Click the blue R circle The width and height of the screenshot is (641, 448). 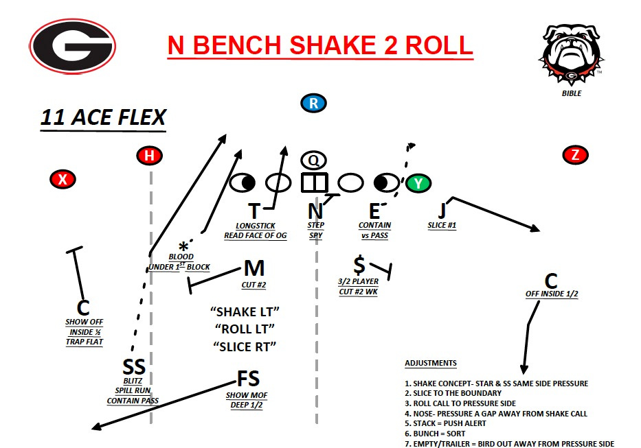pyautogui.click(x=313, y=104)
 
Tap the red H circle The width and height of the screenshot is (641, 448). pyautogui.click(x=149, y=156)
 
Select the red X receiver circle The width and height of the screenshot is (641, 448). pyautogui.click(x=63, y=180)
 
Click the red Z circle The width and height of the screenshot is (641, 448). pyautogui.click(x=575, y=155)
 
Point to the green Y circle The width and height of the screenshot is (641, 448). pyautogui.click(x=418, y=183)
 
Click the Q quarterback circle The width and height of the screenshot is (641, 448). pyautogui.click(x=313, y=160)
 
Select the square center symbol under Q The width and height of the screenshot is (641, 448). pyautogui.click(x=314, y=182)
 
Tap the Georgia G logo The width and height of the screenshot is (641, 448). pyautogui.click(x=73, y=47)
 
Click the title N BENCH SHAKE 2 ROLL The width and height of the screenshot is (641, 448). pyautogui.click(x=320, y=45)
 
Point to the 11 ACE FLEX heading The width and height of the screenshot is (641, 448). pyautogui.click(x=103, y=117)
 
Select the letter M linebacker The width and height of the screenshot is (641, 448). pyautogui.click(x=254, y=268)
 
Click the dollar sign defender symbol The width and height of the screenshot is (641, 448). pyautogui.click(x=359, y=264)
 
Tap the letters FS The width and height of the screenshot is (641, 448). pyautogui.click(x=248, y=378)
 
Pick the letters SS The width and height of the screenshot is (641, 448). pyautogui.click(x=133, y=368)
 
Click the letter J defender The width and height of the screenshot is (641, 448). pyautogui.click(x=442, y=209)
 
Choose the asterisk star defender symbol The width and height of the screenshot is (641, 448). pyautogui.click(x=183, y=248)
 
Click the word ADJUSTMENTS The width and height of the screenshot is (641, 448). pyautogui.click(x=431, y=363)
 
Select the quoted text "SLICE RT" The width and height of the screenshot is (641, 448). pyautogui.click(x=245, y=346)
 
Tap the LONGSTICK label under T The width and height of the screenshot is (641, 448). pyautogui.click(x=255, y=225)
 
